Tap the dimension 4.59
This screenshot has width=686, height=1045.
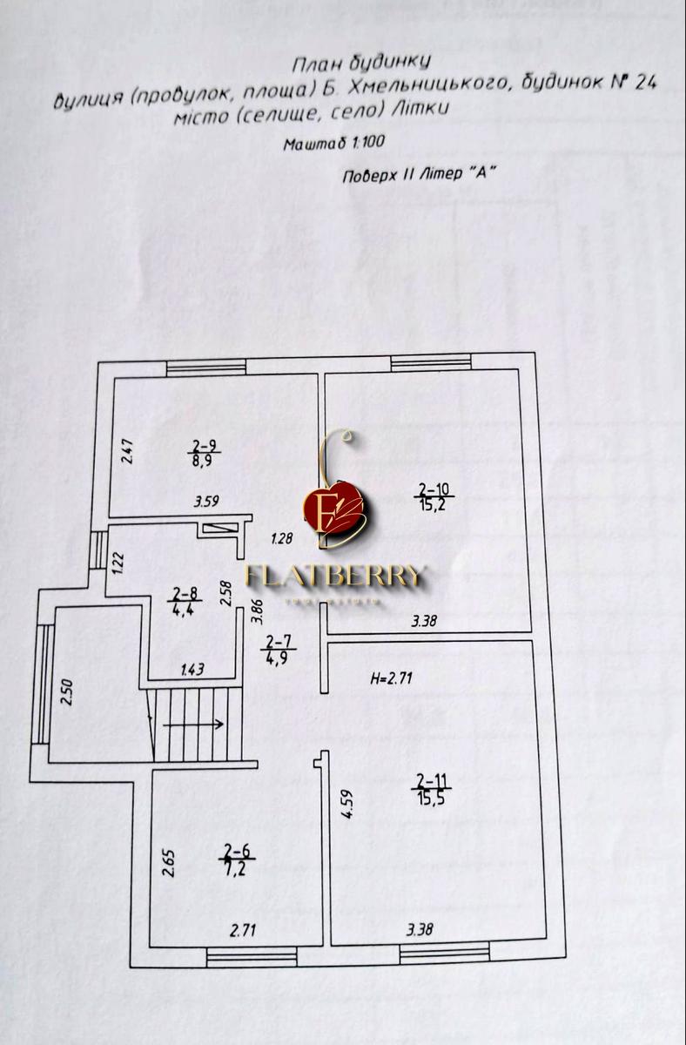(346, 802)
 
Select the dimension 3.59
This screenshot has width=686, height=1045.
(205, 502)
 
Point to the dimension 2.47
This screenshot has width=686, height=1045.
(127, 450)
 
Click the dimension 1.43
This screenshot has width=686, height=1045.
(192, 669)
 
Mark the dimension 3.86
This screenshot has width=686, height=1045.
(257, 608)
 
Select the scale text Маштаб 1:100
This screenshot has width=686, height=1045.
(333, 145)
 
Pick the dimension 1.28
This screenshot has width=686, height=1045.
(281, 539)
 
